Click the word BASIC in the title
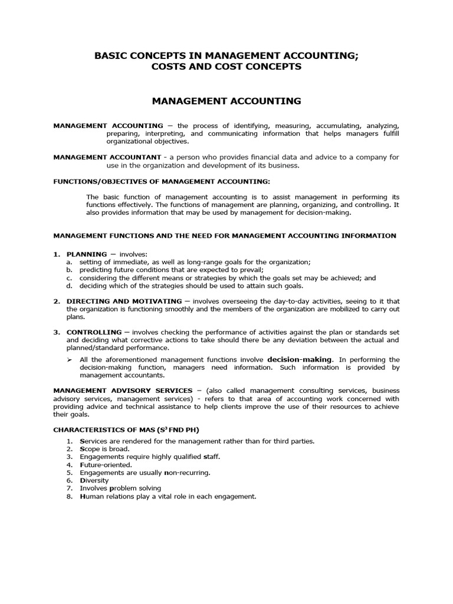pyautogui.click(x=110, y=55)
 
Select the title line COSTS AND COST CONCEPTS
pyautogui.click(x=226, y=67)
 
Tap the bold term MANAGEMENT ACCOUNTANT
pyautogui.click(x=107, y=157)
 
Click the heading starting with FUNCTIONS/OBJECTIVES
pyautogui.click(x=162, y=181)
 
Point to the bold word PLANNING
pyautogui.click(x=87, y=254)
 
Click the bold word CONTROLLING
pyautogui.click(x=94, y=332)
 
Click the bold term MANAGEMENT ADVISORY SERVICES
pyautogui.click(x=123, y=390)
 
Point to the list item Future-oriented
pyautogui.click(x=106, y=465)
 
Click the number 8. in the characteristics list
pyautogui.click(x=70, y=497)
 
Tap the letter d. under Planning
pyautogui.click(x=69, y=286)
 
